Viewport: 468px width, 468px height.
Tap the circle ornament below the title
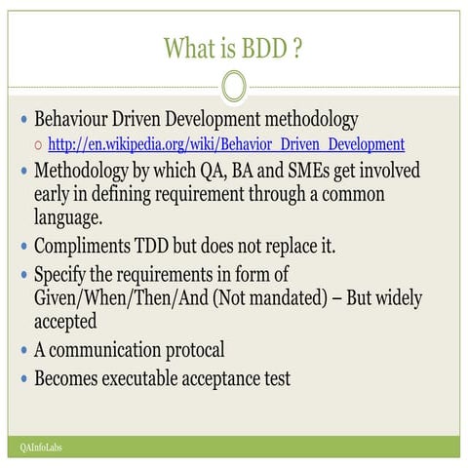pos(234,86)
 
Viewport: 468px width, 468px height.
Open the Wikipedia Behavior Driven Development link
pos(225,145)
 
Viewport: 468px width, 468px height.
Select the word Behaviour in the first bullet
pos(79,121)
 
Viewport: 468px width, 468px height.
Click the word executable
pos(154,377)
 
